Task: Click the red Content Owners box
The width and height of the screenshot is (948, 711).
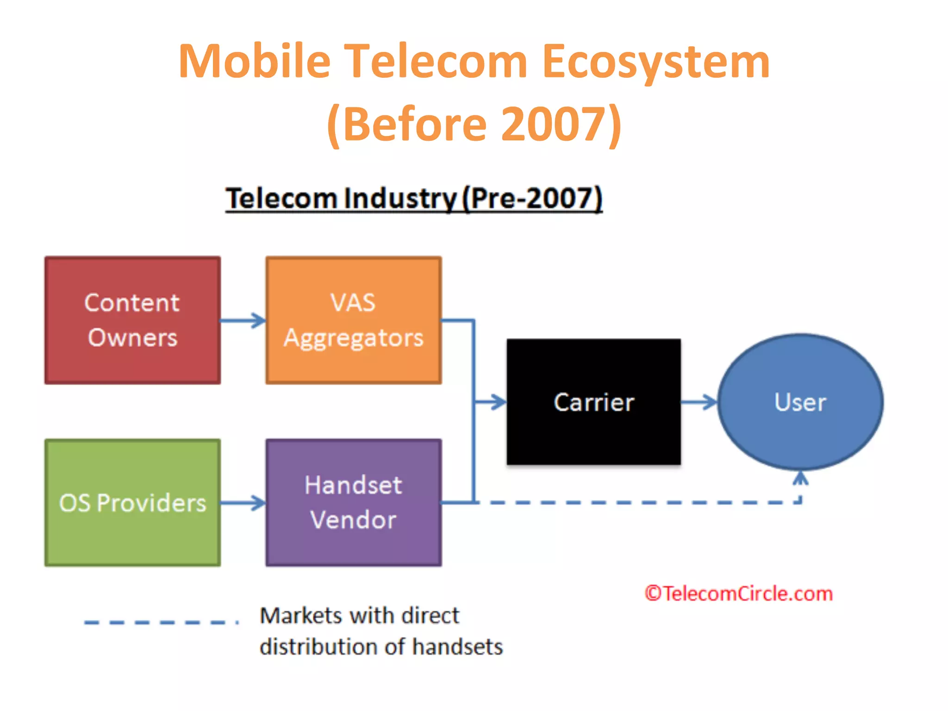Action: click(x=132, y=320)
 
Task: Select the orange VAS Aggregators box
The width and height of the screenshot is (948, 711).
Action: click(x=354, y=320)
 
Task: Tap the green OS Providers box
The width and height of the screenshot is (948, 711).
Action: click(x=132, y=503)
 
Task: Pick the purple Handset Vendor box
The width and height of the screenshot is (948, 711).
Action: click(x=354, y=503)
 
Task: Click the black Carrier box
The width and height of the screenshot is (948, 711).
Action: click(x=593, y=402)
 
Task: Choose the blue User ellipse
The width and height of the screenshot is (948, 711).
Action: click(x=800, y=402)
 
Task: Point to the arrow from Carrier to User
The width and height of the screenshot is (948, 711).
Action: click(x=699, y=402)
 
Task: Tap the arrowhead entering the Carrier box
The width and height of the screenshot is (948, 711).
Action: click(x=498, y=402)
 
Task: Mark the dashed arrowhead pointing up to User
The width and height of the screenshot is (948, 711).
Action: click(x=800, y=478)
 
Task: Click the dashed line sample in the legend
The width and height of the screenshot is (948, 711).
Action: click(x=161, y=622)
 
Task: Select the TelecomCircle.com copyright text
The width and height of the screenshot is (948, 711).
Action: click(x=739, y=593)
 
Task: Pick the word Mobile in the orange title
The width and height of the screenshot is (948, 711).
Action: click(x=255, y=61)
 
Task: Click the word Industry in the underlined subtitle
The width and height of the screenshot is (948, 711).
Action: click(x=401, y=199)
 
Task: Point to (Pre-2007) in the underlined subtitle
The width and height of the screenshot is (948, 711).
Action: click(x=532, y=199)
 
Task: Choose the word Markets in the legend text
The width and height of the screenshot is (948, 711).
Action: click(x=301, y=616)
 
